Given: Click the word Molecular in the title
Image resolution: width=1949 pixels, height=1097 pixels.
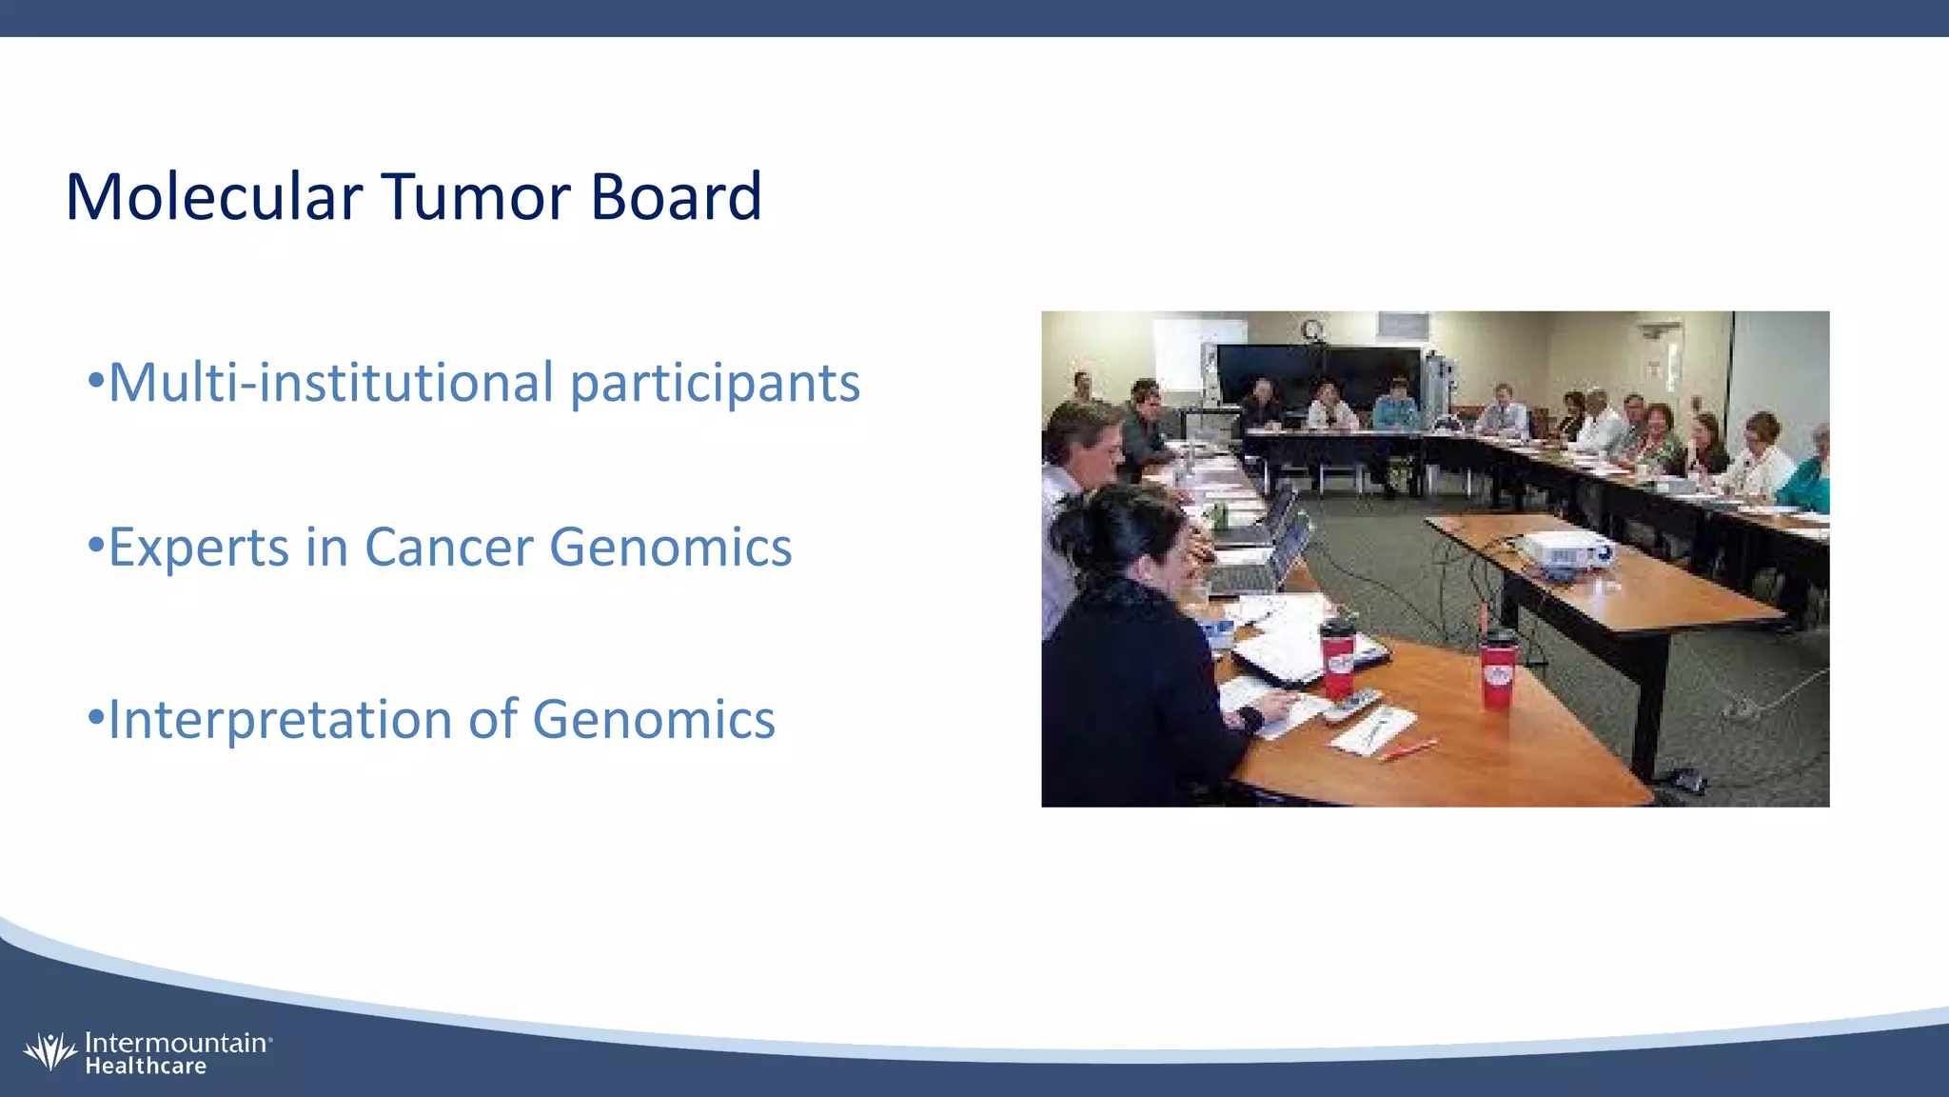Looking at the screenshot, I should click(213, 198).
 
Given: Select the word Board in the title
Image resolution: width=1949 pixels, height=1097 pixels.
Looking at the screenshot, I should click(676, 198).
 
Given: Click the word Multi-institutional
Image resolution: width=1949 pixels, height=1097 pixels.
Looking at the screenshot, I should click(331, 383).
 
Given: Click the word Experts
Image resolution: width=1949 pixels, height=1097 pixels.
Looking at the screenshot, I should click(198, 548).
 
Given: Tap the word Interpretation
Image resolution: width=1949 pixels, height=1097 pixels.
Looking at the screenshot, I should click(280, 719).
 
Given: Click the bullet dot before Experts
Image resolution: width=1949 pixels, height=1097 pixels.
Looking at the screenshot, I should click(94, 546).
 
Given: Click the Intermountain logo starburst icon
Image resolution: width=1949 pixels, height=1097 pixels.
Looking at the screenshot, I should click(49, 1051).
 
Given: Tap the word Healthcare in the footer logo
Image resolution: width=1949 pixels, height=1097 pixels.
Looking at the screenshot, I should click(146, 1067).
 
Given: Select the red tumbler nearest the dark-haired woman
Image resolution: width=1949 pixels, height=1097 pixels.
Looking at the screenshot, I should click(1337, 657).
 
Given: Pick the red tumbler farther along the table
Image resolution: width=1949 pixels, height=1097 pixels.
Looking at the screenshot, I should click(1497, 671).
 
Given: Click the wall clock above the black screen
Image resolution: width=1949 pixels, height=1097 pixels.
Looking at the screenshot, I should click(1312, 329).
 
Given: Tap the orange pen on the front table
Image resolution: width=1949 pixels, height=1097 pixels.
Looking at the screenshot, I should click(1408, 749).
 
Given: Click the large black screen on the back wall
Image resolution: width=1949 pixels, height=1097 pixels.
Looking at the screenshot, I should click(1318, 373).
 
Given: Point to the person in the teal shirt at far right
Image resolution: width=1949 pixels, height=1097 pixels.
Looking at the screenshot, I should click(1808, 476).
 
